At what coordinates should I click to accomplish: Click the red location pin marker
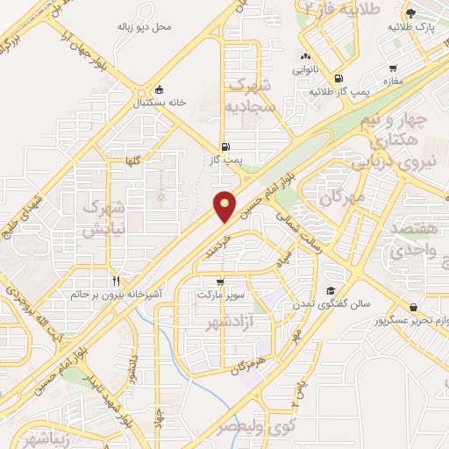click(225, 205)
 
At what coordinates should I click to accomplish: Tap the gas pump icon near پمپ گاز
click(226, 146)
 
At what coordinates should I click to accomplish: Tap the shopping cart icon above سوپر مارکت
click(219, 282)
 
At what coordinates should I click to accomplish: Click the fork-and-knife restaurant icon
click(115, 281)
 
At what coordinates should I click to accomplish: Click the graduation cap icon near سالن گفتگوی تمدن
click(330, 291)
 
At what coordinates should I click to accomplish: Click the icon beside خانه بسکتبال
click(159, 89)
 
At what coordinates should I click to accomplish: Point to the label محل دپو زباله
click(145, 26)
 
